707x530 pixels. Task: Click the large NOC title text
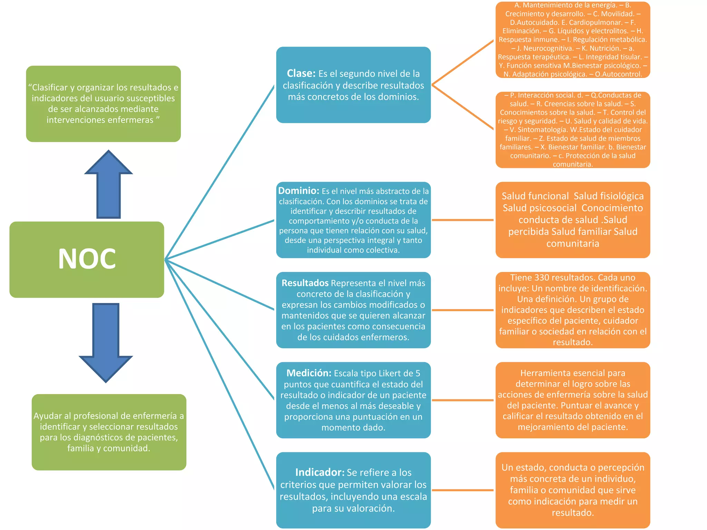(87, 259)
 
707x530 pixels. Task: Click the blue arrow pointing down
(106, 342)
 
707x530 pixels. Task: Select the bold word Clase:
(301, 73)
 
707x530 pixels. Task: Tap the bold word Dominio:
(299, 191)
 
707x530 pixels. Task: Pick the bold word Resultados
(305, 283)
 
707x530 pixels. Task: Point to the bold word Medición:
(309, 373)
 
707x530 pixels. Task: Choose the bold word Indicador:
(320, 472)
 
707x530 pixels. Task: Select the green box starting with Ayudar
(109, 432)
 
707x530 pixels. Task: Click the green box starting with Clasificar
(103, 104)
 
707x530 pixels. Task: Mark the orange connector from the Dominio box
(463, 220)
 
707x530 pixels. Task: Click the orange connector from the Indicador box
(463, 490)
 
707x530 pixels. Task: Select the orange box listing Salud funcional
(573, 220)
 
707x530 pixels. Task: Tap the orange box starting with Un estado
(573, 490)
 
